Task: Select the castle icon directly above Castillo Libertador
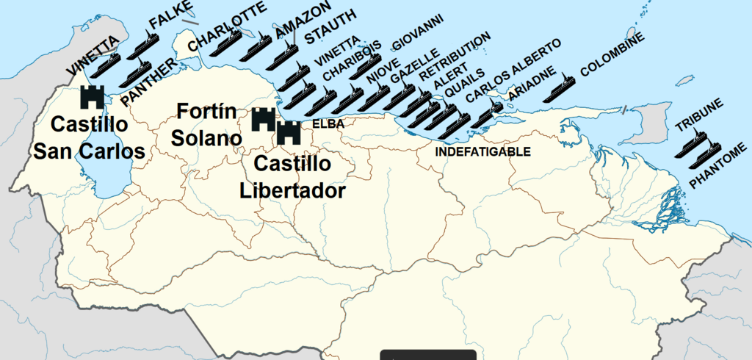pyautogui.click(x=289, y=134)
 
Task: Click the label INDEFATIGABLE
pyautogui.click(x=482, y=152)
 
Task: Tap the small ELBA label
pyautogui.click(x=328, y=124)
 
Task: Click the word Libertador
pyautogui.click(x=292, y=190)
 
